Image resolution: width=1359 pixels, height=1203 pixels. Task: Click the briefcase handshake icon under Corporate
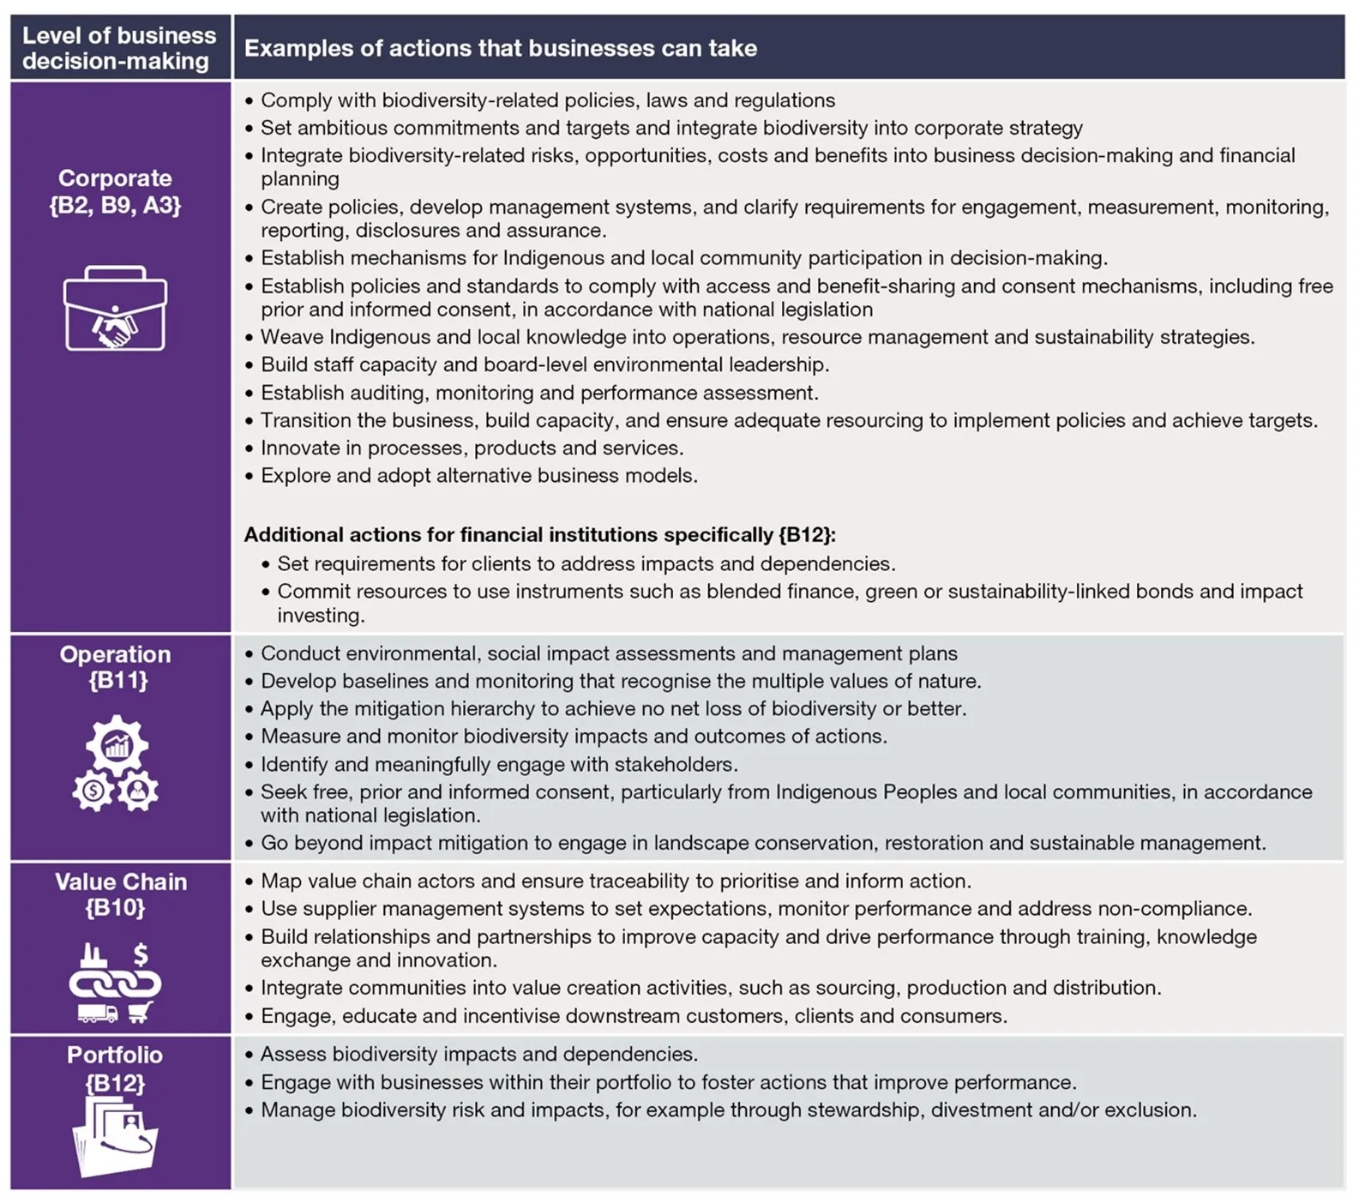[115, 309]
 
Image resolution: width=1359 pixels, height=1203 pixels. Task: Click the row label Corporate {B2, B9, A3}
[116, 191]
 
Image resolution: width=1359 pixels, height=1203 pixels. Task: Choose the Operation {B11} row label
[116, 667]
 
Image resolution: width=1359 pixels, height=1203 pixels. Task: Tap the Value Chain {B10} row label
[120, 894]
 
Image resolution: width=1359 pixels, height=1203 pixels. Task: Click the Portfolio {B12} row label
[116, 1068]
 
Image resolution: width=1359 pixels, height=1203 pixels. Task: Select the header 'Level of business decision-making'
[119, 48]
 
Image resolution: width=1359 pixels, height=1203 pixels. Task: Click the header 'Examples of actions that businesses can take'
[501, 48]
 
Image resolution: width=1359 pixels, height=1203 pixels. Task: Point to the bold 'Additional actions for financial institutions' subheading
[539, 535]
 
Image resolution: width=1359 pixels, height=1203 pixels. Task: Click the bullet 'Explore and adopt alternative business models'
[478, 476]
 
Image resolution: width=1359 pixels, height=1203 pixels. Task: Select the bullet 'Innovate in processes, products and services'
[472, 448]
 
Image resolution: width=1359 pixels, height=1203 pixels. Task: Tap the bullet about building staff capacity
[544, 365]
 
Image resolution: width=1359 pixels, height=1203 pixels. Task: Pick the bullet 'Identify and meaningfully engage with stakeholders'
[499, 765]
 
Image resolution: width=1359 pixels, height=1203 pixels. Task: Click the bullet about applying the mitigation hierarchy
[613, 709]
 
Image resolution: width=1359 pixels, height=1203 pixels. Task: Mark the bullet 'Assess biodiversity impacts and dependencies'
[478, 1055]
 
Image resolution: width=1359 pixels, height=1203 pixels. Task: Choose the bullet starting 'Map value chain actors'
[616, 881]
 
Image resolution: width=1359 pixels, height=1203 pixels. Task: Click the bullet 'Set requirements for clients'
[586, 564]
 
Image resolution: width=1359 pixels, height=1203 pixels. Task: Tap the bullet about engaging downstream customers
[634, 1016]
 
